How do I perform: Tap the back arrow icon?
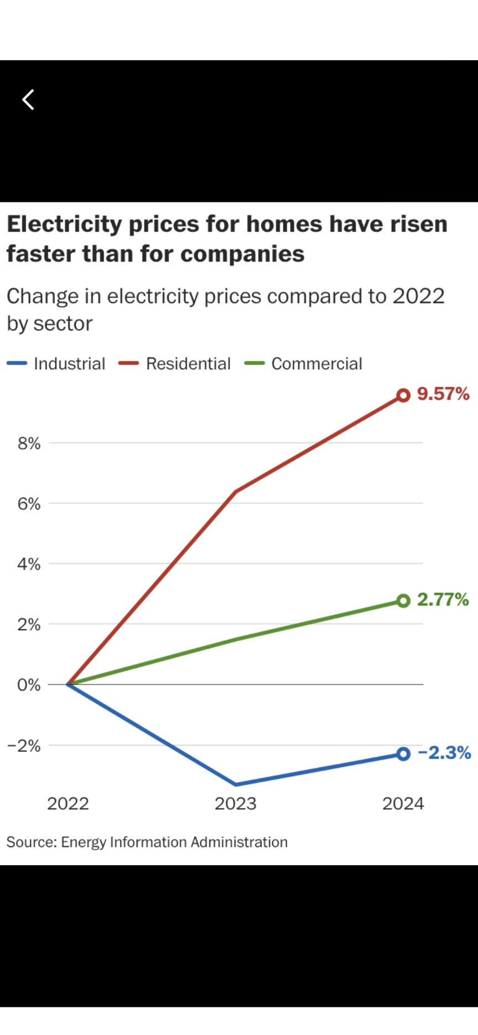(28, 100)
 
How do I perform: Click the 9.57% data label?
(443, 394)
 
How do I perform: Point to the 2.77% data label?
(443, 599)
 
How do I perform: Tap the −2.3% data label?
(444, 752)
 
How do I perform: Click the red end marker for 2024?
(403, 395)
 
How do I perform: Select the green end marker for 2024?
(403, 600)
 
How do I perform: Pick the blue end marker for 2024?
(403, 754)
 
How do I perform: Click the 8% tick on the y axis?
(29, 443)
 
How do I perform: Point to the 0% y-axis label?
(29, 685)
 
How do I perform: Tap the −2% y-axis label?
(24, 746)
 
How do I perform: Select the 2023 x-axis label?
(236, 803)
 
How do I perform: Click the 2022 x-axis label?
(68, 803)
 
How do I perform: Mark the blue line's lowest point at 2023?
(236, 784)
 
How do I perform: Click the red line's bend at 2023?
(236, 492)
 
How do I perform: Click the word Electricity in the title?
(64, 224)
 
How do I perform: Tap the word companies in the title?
(242, 254)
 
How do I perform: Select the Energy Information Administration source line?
(147, 842)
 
